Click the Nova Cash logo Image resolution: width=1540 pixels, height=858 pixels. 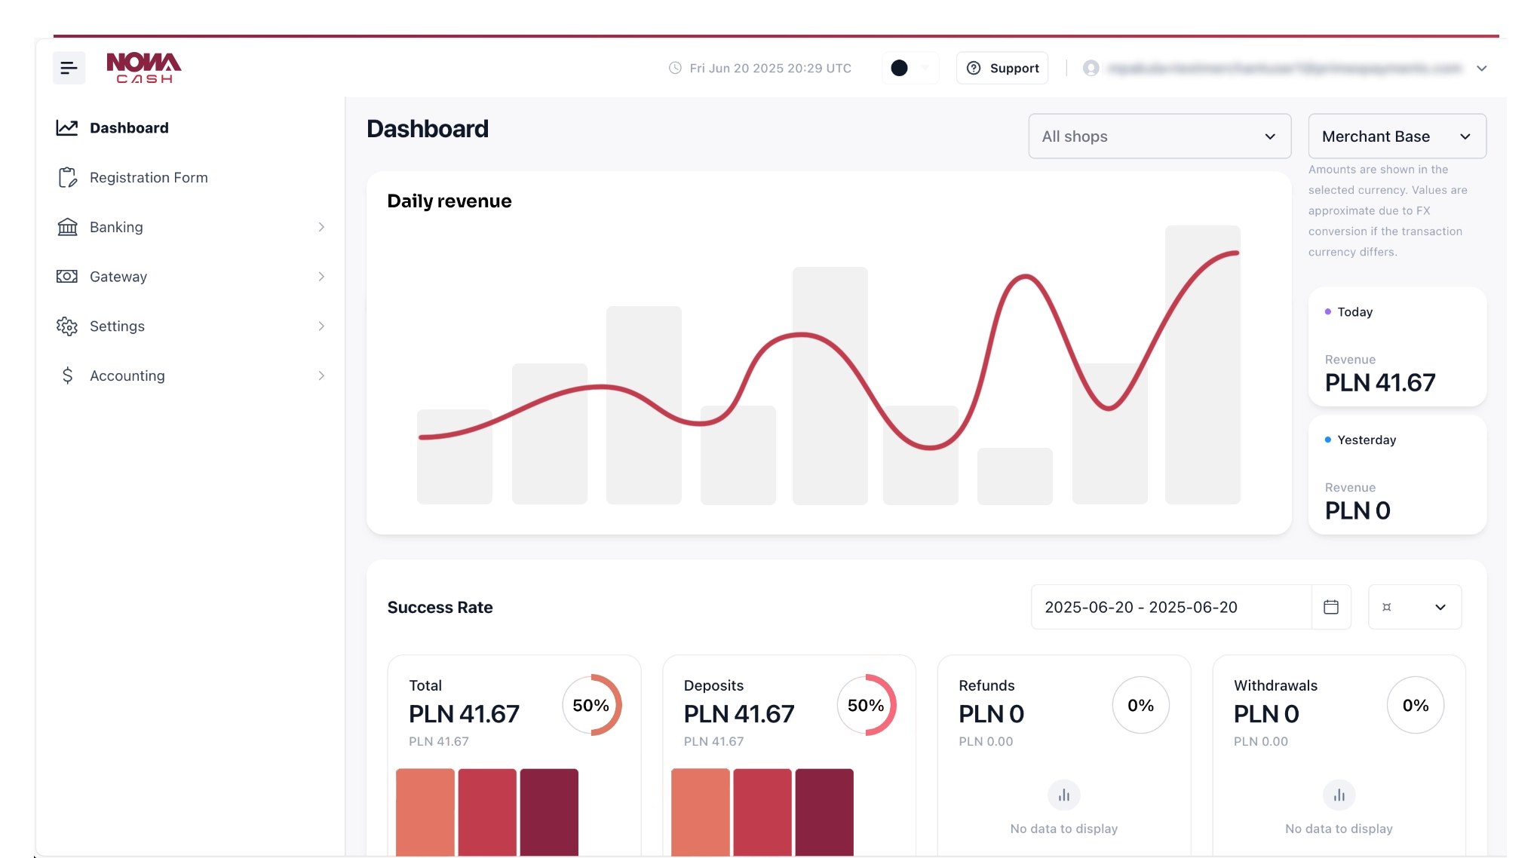point(143,68)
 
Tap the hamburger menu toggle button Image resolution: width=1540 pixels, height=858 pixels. point(69,68)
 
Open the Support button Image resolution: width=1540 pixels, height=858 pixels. point(1002,68)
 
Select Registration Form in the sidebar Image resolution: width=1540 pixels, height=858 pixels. point(149,178)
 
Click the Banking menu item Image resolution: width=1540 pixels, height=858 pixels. point(116,227)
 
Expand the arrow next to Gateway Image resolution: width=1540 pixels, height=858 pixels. point(321,277)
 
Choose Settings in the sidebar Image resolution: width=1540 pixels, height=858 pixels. point(117,326)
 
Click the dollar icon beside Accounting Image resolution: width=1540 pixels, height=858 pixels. point(68,375)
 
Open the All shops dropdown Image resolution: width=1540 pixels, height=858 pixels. point(1159,136)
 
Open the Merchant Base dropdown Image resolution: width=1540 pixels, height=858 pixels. point(1397,136)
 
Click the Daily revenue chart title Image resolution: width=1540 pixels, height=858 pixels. point(449,201)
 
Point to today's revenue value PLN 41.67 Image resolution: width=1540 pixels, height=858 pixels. point(1380,383)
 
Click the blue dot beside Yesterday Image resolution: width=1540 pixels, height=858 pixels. point(1328,440)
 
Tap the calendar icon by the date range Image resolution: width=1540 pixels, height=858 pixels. point(1331,607)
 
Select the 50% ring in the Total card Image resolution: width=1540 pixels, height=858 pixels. point(592,705)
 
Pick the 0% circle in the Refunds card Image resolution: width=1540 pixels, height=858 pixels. point(1140,705)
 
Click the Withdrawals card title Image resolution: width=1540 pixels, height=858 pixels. point(1275,685)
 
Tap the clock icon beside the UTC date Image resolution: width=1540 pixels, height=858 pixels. point(675,68)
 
